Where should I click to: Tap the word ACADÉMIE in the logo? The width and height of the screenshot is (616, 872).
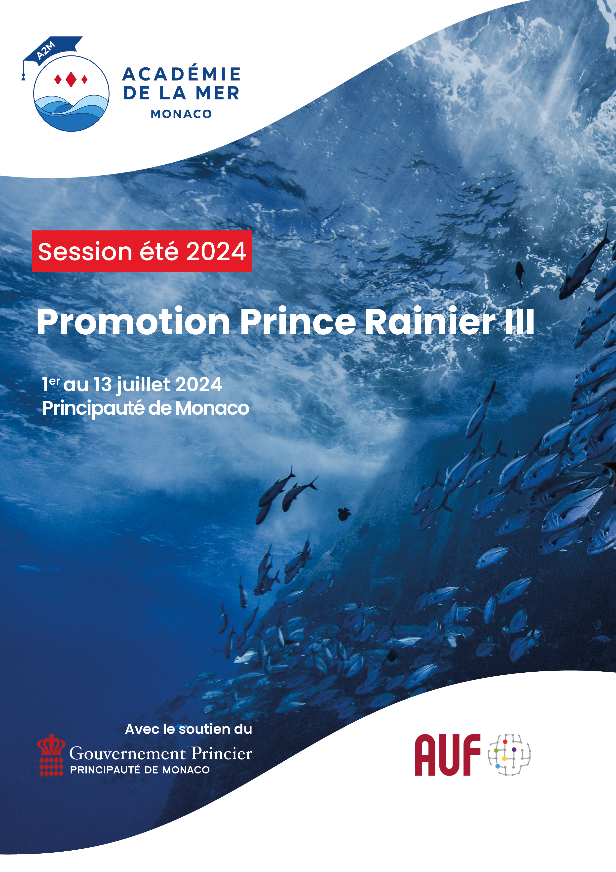tap(181, 74)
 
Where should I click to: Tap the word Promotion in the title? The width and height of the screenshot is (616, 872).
tap(134, 322)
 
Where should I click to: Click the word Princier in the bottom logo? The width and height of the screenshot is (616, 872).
tap(222, 753)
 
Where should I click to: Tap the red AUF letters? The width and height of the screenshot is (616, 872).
tap(448, 755)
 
